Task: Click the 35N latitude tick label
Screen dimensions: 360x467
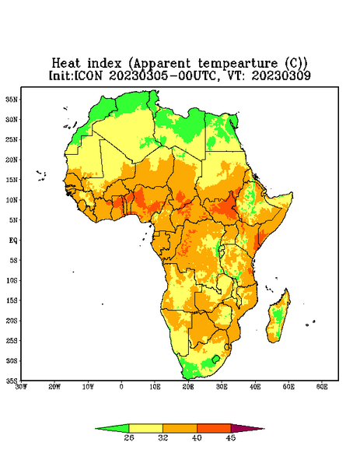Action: pos(12,100)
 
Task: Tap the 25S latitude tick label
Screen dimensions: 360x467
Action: pos(12,340)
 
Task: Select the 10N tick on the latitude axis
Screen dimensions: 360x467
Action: pos(12,200)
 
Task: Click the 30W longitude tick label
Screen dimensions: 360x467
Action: pos(22,387)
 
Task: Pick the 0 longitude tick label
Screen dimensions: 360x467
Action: pos(121,387)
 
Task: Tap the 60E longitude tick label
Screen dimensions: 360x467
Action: pos(322,387)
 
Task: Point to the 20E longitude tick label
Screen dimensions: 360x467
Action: pos(188,387)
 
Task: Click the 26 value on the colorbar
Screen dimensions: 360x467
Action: pos(129,437)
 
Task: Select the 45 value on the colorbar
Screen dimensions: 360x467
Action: pos(231,437)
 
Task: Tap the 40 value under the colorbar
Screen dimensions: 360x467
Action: pos(197,437)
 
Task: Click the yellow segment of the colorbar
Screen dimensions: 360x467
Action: pos(145,428)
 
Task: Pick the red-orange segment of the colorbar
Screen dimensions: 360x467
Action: pos(214,428)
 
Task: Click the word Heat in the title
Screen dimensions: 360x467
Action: pos(66,64)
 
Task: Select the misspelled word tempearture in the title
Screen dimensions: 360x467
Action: pos(238,64)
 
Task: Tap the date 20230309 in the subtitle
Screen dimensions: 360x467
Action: pos(281,75)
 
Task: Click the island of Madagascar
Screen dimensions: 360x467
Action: pos(279,318)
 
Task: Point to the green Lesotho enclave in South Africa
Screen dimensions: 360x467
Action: pos(215,359)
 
